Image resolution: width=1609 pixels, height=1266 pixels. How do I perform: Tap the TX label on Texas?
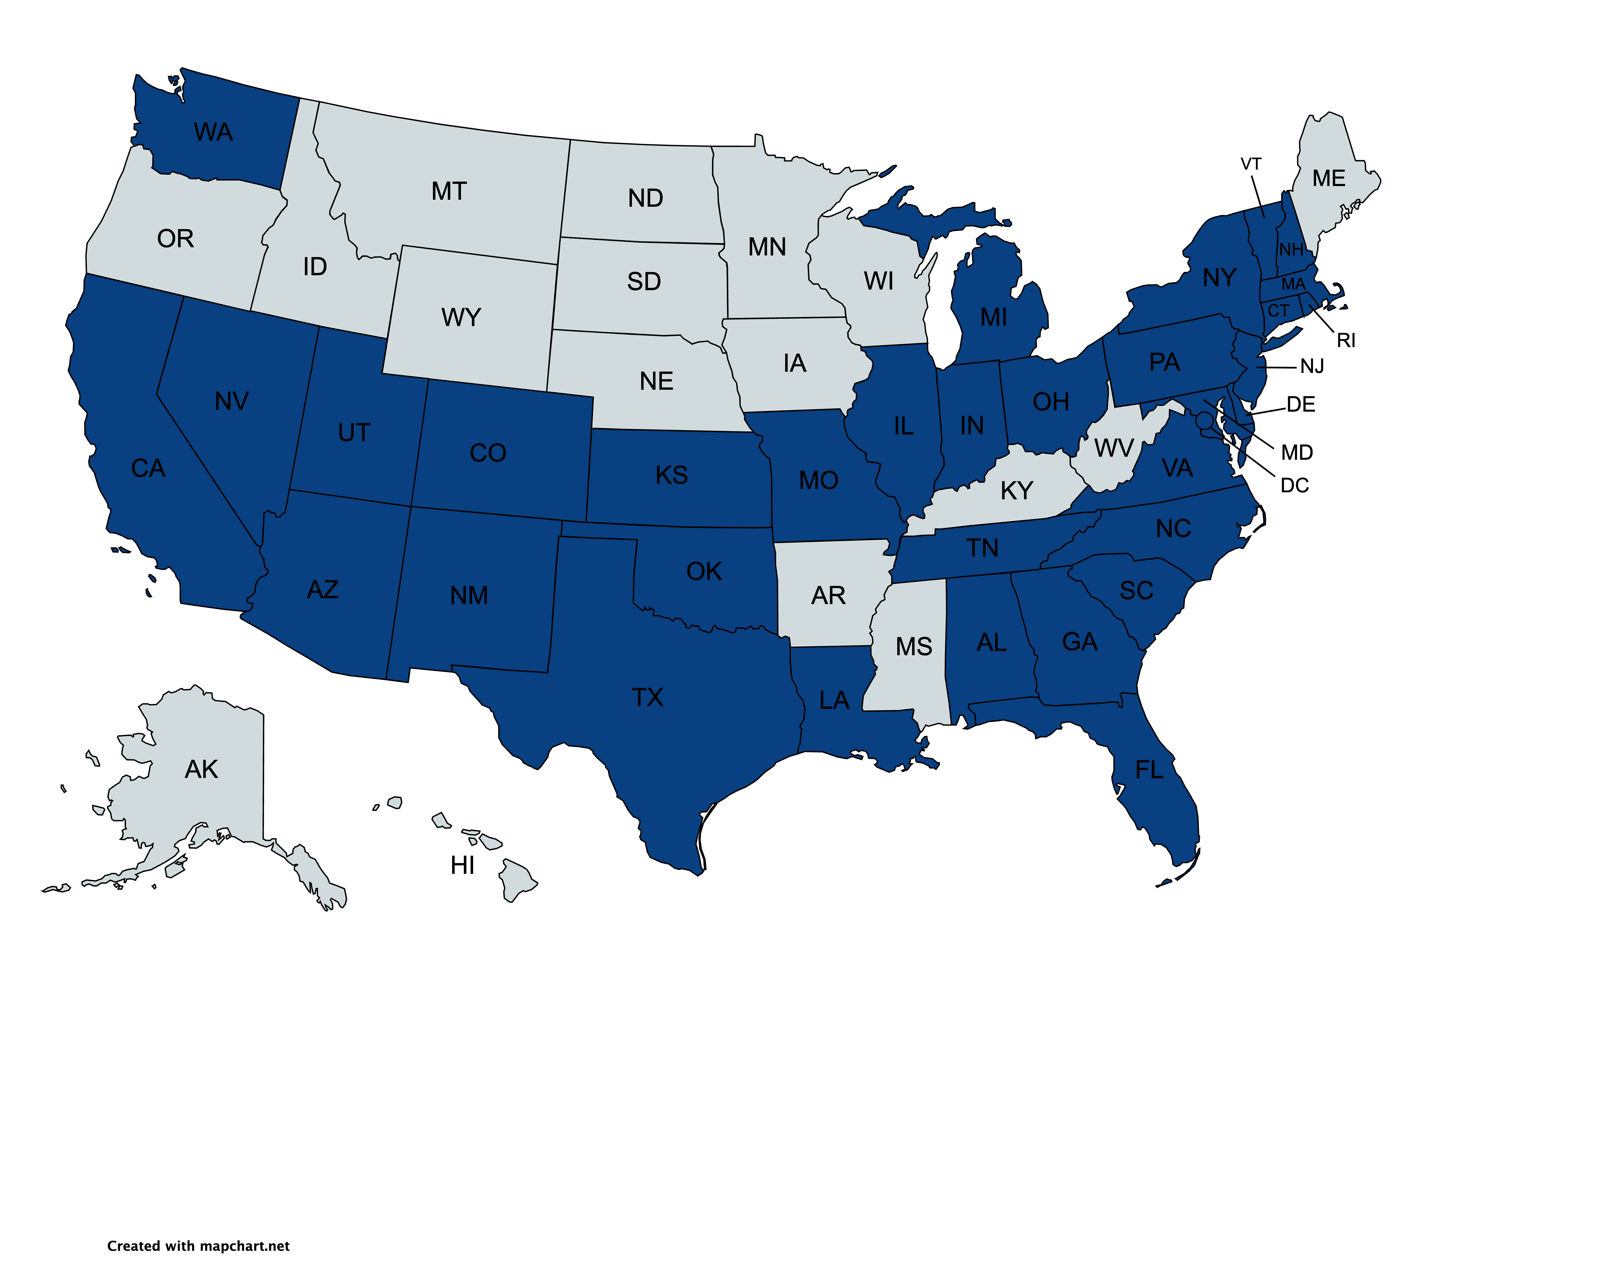coord(647,698)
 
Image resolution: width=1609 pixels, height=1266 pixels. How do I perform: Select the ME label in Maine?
coord(1328,179)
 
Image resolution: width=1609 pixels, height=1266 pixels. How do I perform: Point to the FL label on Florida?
coord(1149,770)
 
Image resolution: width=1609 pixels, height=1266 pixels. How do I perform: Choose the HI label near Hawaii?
coord(462,865)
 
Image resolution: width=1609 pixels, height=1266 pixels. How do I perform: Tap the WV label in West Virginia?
coord(1113,448)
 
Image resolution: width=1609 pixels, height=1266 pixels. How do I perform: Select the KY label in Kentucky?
coord(1016,491)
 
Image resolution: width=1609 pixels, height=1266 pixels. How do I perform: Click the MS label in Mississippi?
coord(913,647)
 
